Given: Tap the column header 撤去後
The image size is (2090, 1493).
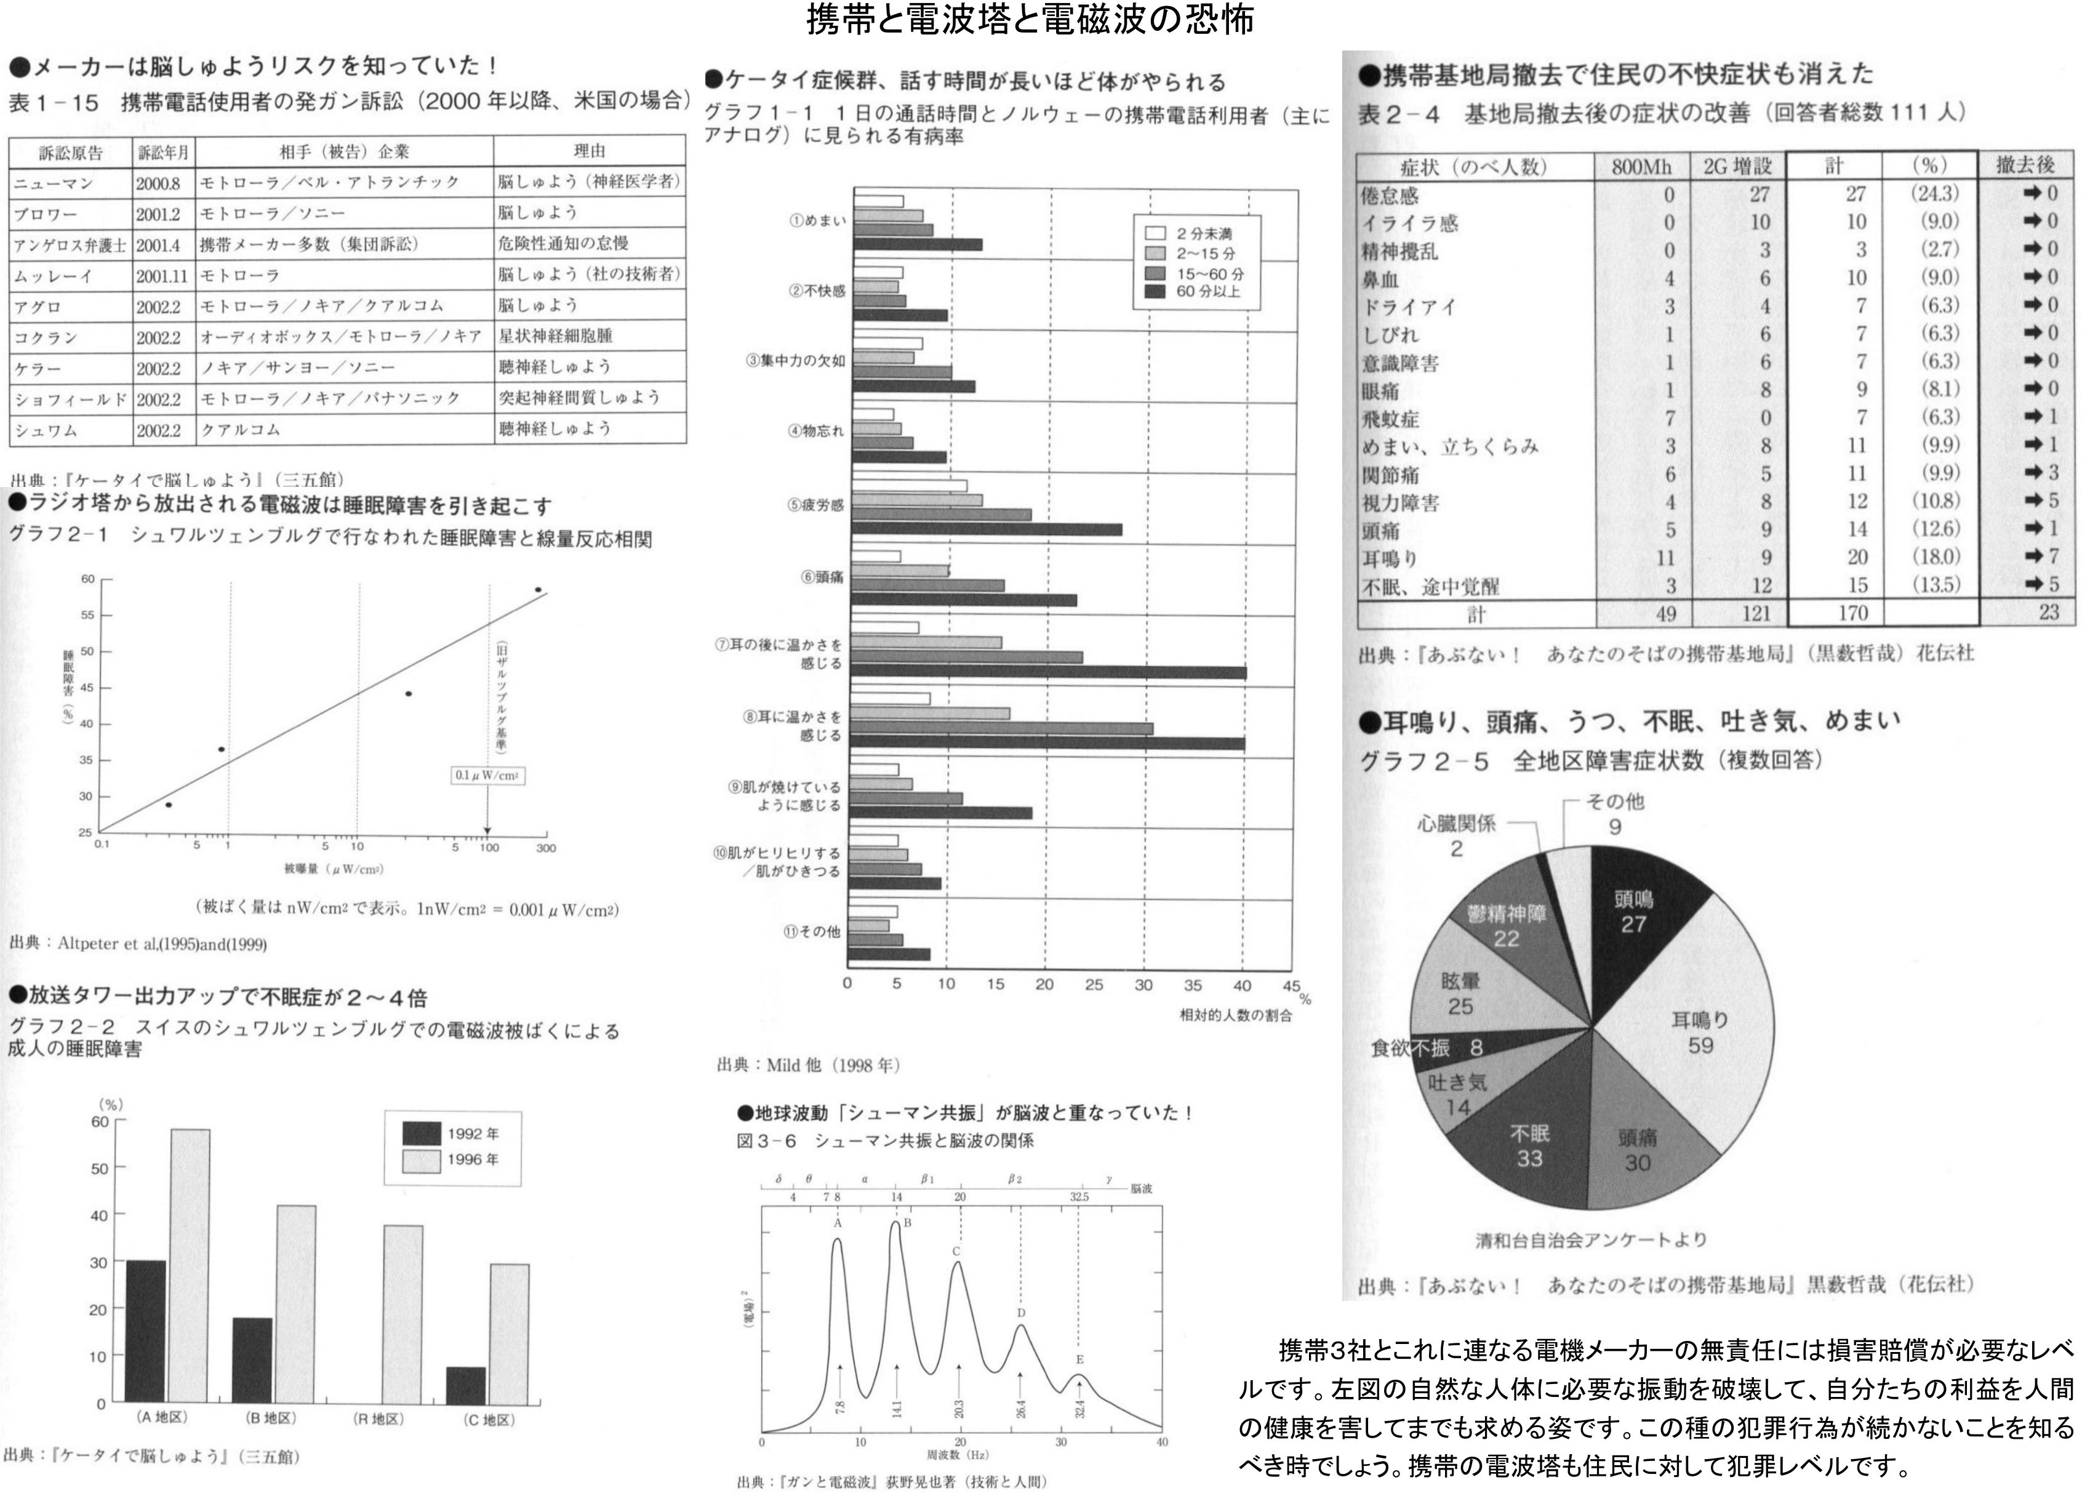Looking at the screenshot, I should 2025,166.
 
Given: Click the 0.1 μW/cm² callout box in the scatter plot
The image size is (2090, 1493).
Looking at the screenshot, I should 487,775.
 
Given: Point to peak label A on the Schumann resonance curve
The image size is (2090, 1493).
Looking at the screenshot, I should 837,1223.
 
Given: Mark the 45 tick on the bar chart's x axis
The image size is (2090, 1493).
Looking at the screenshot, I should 1291,986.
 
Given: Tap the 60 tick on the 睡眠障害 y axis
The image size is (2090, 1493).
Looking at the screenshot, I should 87,579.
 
